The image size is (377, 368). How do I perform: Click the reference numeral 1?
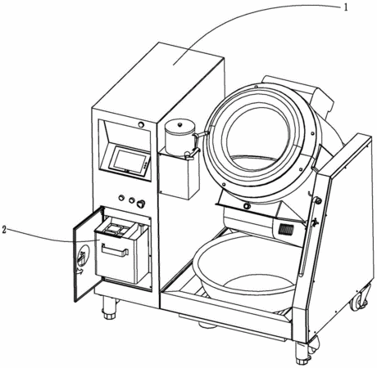coord(346,7)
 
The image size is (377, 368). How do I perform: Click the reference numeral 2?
coord(3,230)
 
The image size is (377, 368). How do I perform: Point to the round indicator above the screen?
coord(141,125)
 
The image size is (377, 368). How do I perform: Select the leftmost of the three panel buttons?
coord(121,197)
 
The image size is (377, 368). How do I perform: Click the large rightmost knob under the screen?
coord(141,204)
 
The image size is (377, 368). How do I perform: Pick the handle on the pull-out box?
coord(115,250)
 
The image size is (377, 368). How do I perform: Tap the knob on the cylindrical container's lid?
coord(179,124)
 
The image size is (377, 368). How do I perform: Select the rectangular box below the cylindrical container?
coord(179,176)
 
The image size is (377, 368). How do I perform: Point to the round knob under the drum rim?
coord(247,206)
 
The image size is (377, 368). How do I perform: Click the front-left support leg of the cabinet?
coord(109,308)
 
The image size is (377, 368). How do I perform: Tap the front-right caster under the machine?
coord(303,353)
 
